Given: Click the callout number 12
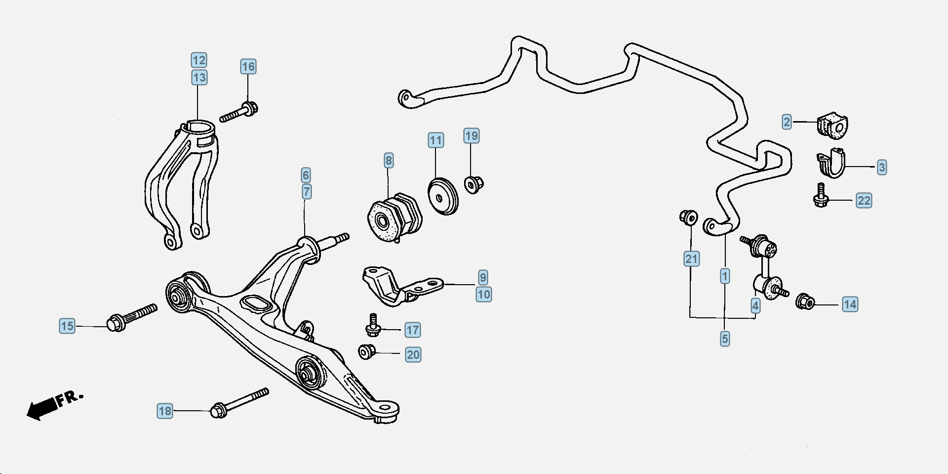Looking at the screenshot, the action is [199, 60].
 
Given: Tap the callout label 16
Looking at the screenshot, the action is [248, 67].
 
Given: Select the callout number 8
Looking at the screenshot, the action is [389, 161].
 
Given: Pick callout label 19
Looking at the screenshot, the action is [472, 136].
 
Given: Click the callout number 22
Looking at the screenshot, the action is [864, 201].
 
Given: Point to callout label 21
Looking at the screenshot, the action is [692, 259].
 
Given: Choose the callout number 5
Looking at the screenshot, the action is [725, 339].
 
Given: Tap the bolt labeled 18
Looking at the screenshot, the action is [239, 403].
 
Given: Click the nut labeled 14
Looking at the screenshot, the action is [805, 301].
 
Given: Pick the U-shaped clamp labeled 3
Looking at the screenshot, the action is [831, 163].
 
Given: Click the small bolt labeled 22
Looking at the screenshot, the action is [820, 196].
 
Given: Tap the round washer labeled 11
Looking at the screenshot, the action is [443, 196].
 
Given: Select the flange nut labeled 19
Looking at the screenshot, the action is [474, 184].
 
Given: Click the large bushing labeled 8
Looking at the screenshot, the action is [395, 218].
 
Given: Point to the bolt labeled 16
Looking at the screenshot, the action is [239, 112].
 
